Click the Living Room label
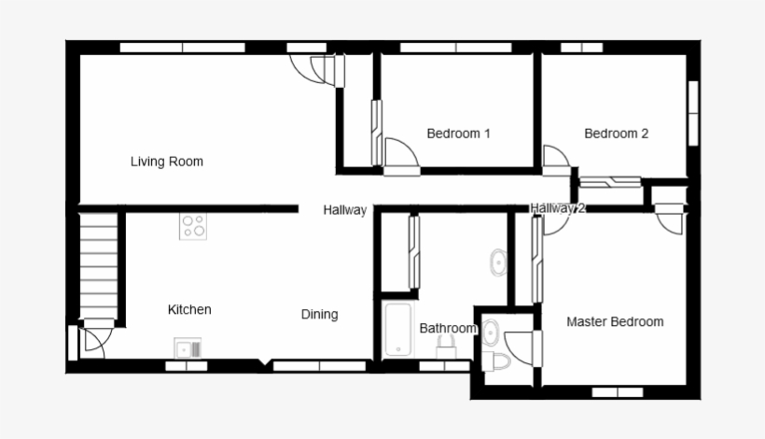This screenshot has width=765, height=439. click(x=166, y=162)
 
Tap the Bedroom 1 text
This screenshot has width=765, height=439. click(x=458, y=134)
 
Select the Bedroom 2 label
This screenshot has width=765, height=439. click(x=616, y=134)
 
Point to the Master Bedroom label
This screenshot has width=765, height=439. click(x=615, y=322)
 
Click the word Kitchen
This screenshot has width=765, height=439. click(x=189, y=309)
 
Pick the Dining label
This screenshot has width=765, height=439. click(x=319, y=315)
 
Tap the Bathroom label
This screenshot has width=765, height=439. click(x=448, y=329)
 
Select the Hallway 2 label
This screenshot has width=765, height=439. click(x=557, y=208)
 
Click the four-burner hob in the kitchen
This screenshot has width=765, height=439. click(x=193, y=226)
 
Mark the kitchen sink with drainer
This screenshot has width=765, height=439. click(x=188, y=349)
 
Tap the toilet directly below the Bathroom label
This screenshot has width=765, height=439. click(x=446, y=347)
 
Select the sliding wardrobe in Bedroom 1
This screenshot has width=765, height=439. click(x=377, y=131)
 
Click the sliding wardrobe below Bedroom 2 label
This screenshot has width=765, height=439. click(x=610, y=182)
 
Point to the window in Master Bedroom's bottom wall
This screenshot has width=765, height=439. click(x=618, y=391)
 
